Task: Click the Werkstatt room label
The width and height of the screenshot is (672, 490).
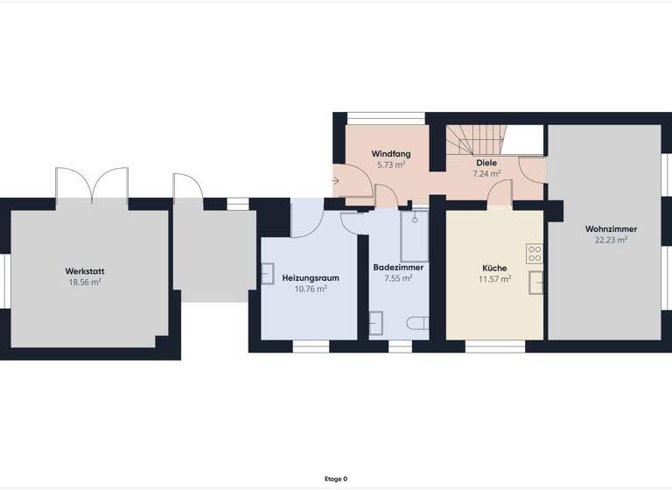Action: [x=85, y=271]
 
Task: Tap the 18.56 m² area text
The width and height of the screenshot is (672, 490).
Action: [x=85, y=283]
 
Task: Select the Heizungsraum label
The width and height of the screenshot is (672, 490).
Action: [x=311, y=277]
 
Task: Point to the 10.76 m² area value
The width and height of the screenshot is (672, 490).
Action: [x=311, y=289]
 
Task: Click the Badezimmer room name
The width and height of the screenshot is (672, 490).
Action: [x=398, y=268]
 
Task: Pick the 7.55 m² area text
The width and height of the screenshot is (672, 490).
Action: [x=398, y=279]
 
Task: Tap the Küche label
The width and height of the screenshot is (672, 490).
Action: [x=494, y=268]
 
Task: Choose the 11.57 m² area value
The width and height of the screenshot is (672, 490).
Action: [x=494, y=279]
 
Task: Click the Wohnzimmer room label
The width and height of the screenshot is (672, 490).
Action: [x=611, y=228]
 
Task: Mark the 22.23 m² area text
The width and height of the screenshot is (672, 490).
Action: [x=611, y=240]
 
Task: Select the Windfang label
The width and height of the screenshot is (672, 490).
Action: [x=390, y=154]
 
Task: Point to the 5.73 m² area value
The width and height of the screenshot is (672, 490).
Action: [x=390, y=165]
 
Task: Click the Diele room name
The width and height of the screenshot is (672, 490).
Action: [x=486, y=163]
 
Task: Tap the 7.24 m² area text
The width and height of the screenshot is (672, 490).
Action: [x=486, y=174]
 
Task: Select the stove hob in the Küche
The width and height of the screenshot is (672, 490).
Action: [x=535, y=254]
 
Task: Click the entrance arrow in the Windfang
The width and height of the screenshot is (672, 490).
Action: [x=338, y=180]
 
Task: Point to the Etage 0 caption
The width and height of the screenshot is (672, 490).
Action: [x=336, y=479]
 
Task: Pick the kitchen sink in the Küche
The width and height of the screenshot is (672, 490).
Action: [x=535, y=281]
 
